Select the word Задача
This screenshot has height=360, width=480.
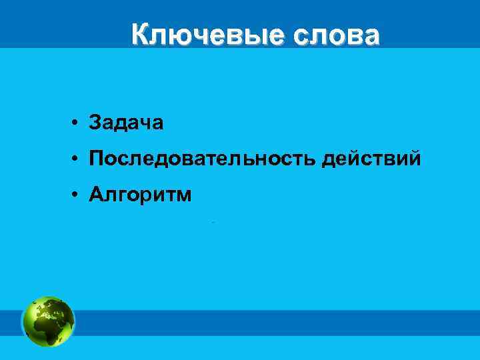[x=126, y=123]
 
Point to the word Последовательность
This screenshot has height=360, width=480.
[x=203, y=159]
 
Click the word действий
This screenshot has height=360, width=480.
[x=371, y=159]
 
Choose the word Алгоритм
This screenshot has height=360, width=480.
[x=141, y=194]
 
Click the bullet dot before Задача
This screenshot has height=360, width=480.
[x=78, y=123]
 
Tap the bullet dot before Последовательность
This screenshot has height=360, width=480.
[x=78, y=159]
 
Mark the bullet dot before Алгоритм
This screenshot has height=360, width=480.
[x=78, y=195]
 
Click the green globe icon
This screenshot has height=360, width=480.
[x=48, y=321]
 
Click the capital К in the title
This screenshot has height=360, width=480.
[x=139, y=34]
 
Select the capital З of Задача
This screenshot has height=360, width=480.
[x=95, y=123]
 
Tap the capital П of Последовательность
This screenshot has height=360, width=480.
[x=97, y=159]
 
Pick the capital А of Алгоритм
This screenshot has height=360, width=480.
[x=97, y=194]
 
